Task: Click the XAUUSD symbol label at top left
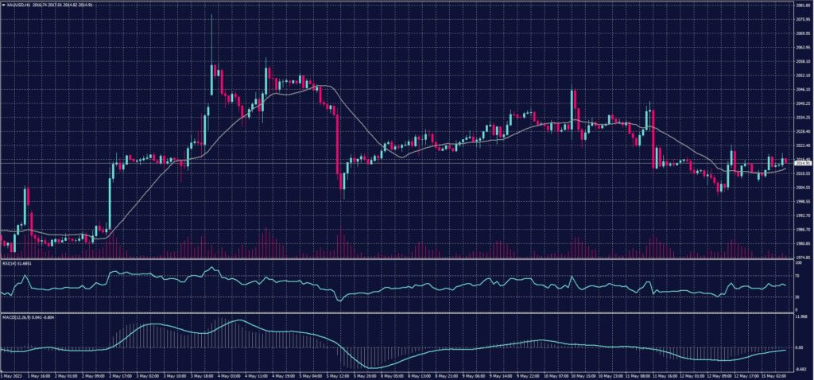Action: [x=17, y=4]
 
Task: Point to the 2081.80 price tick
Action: [x=802, y=5]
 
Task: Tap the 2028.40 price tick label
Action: [x=802, y=131]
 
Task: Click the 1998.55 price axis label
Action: [x=802, y=201]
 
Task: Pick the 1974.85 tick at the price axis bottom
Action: [x=802, y=257]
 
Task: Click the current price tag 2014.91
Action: [x=802, y=163]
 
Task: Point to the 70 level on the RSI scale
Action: [x=798, y=276]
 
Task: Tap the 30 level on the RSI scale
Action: [x=798, y=297]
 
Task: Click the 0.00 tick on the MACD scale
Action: [x=800, y=347]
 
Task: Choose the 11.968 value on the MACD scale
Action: [x=800, y=317]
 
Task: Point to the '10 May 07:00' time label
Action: [x=559, y=374]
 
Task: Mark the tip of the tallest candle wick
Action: [x=211, y=14]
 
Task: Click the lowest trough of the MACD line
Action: [x=374, y=367]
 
